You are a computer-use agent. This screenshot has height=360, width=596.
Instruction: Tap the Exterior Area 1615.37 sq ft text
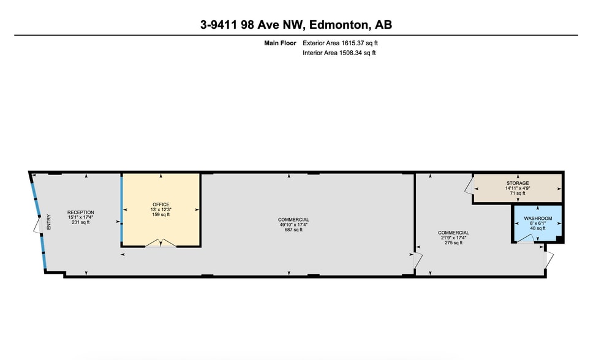pyautogui.click(x=345, y=43)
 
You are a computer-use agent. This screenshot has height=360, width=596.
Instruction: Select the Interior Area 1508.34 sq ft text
pyautogui.click(x=339, y=53)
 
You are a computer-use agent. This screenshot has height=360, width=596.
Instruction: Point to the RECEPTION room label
pyautogui.click(x=81, y=212)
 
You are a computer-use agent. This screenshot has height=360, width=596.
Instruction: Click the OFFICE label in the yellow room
pyautogui.click(x=161, y=204)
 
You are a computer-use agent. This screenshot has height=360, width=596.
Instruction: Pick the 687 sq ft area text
pyautogui.click(x=293, y=230)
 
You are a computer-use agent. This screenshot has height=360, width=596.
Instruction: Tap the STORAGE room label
pyautogui.click(x=518, y=183)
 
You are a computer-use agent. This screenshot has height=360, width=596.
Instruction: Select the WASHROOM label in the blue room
pyautogui.click(x=538, y=219)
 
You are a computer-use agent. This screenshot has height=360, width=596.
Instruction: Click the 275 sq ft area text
pyautogui.click(x=453, y=243)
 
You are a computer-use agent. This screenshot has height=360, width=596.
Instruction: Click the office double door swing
pyautogui.click(x=161, y=243)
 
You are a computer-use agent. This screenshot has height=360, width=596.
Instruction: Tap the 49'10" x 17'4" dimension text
pyautogui.click(x=293, y=225)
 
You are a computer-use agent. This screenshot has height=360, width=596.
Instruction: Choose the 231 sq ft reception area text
pyautogui.click(x=81, y=222)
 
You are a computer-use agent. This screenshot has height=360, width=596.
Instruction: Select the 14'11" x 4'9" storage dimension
pyautogui.click(x=518, y=188)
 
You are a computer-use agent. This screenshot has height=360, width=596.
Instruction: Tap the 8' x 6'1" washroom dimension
pyautogui.click(x=538, y=223)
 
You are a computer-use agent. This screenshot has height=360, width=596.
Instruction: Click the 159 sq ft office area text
pyautogui.click(x=161, y=214)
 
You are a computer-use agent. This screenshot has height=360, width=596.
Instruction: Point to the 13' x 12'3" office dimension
pyautogui.click(x=161, y=209)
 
